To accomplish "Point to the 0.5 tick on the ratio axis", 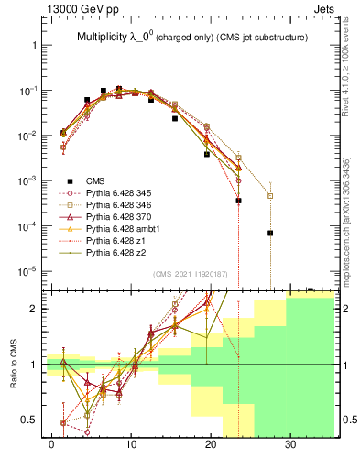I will tap(33, 420).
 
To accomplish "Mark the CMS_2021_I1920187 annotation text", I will tap(191, 274).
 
